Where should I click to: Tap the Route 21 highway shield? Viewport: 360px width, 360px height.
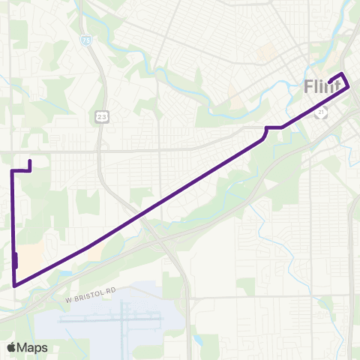(321, 112)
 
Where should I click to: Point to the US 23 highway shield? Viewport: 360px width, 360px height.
(100, 117)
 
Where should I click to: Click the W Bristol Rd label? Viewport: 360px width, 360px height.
(93, 299)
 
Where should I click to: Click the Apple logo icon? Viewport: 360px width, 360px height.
(11, 347)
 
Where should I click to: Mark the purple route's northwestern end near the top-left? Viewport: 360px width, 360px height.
(29, 161)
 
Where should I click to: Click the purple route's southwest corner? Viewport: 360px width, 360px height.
(14, 285)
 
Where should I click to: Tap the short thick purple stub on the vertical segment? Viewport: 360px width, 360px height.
(16, 260)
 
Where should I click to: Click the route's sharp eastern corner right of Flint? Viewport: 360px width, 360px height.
(349, 88)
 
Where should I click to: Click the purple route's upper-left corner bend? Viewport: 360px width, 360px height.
(12, 172)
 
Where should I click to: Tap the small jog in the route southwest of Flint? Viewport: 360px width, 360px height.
(267, 131)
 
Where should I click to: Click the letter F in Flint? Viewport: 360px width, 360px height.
(309, 87)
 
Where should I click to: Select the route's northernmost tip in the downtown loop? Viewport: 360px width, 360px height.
(343, 73)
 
